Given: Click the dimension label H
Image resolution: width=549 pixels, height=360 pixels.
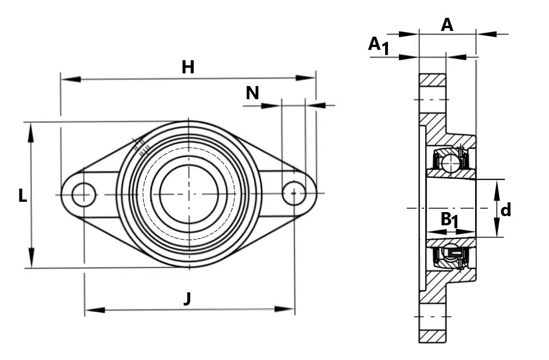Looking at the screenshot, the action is pos(188,67).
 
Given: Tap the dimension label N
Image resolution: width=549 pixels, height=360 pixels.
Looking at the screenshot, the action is pos(253,93).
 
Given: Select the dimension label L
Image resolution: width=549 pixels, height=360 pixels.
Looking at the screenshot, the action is pos(22,195).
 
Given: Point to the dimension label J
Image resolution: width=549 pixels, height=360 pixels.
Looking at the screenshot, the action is pos(188,299).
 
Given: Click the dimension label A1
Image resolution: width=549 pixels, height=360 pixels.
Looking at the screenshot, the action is pos(379,46).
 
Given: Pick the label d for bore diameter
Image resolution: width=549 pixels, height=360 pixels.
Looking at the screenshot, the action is pos(505,210).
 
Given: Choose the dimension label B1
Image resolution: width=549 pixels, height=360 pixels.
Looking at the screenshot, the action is pos(449,220).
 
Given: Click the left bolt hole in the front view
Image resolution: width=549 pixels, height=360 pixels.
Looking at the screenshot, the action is pos(84,194).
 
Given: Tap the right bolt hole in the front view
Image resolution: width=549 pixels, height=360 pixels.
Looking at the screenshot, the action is pos(294,193).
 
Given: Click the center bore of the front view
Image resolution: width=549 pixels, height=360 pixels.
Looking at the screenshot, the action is pos(189,194).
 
